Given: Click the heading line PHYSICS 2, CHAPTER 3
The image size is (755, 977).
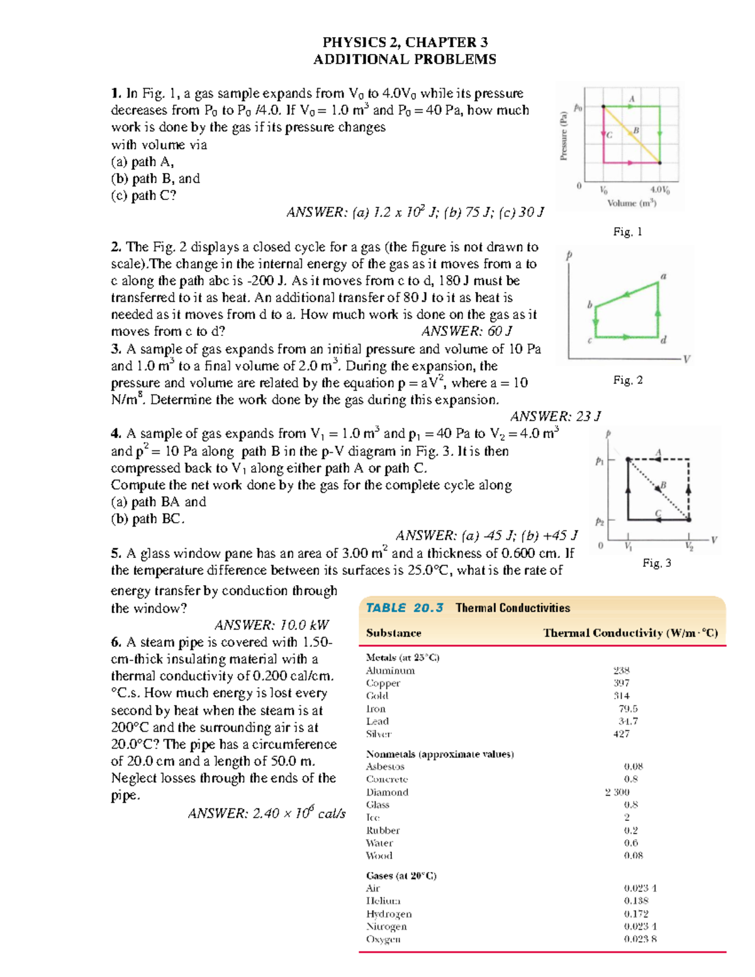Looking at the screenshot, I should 405,42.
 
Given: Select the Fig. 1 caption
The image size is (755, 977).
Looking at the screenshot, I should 627,232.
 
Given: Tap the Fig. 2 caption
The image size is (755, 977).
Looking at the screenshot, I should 627,380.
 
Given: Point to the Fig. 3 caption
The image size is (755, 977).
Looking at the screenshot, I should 656,563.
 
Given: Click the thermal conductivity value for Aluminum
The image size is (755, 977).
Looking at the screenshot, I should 622,671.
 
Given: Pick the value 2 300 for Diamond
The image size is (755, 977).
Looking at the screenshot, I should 617,792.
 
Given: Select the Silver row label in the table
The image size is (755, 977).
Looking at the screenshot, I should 379,734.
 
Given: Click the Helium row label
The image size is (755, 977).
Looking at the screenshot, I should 383,901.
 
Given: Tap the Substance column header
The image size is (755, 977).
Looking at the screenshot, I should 394,633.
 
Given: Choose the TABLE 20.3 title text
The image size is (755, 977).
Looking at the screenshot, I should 405,608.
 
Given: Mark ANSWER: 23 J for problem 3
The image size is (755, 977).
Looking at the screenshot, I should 555,416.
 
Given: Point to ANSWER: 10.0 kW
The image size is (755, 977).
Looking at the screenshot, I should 271,625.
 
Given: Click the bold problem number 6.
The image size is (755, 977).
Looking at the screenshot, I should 116,642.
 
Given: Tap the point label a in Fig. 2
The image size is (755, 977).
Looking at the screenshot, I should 663,276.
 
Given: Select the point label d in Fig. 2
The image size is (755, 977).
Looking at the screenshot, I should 663,340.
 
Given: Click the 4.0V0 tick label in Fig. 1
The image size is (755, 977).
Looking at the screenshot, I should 659,189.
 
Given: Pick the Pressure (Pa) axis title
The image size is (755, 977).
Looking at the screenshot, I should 564,135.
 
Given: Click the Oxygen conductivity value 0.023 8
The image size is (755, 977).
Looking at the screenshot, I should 640,939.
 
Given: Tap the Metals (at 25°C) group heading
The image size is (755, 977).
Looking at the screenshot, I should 403,657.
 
